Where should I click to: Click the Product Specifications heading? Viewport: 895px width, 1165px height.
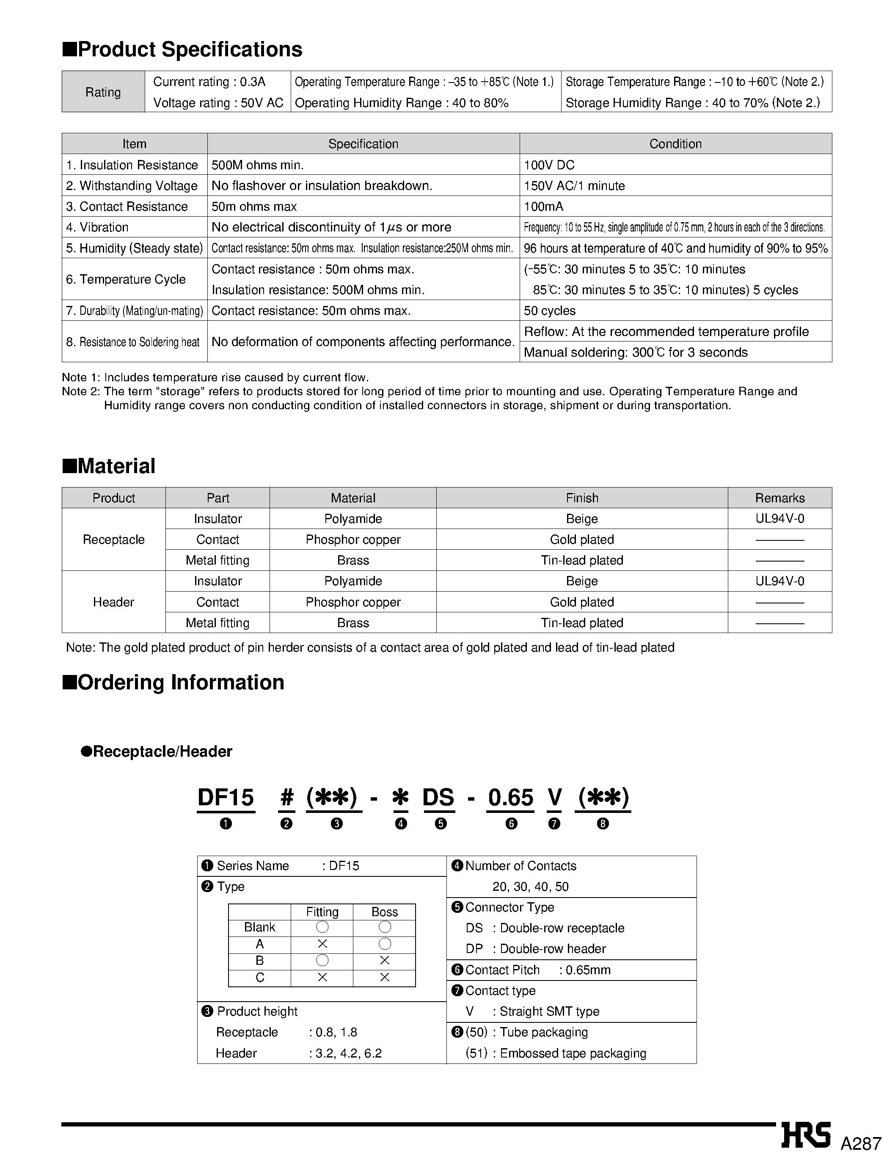pos(182,50)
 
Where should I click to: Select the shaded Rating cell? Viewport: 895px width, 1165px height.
pos(103,92)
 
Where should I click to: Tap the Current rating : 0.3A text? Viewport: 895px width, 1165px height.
pos(209,82)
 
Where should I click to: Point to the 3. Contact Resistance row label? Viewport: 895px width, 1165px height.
pos(127,207)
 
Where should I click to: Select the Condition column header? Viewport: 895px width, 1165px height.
pos(675,144)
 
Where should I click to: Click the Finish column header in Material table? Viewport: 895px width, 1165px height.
pos(582,498)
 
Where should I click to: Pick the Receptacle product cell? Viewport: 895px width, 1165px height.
pos(113,540)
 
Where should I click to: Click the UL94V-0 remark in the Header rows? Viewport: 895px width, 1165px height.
pos(779,581)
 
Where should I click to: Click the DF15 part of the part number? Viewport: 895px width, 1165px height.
pos(226,797)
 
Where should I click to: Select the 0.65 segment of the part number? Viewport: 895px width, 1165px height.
pos(510,797)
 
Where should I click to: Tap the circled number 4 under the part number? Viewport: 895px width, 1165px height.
pos(401,824)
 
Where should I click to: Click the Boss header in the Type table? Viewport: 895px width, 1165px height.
pos(384,912)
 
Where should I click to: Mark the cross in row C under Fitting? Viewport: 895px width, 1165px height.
pos(322,977)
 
